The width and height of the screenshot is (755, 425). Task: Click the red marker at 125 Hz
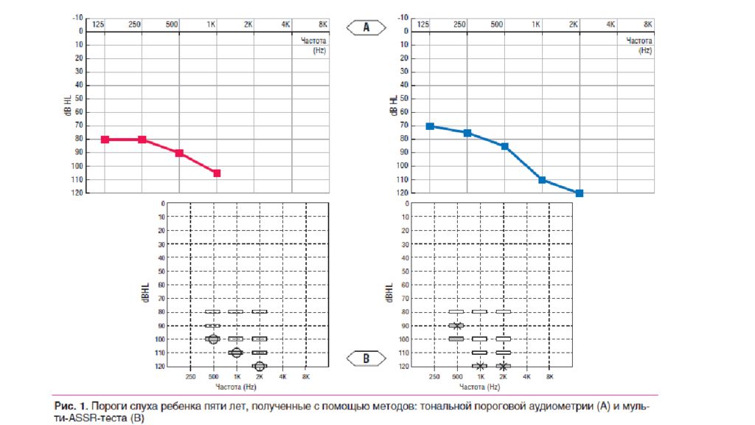click(x=105, y=139)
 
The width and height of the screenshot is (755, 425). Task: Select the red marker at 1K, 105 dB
click(x=217, y=173)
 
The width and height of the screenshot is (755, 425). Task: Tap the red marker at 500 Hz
click(x=179, y=153)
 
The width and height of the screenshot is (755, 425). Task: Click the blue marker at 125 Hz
click(x=430, y=126)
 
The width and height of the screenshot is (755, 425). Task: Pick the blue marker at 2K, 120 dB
click(x=580, y=193)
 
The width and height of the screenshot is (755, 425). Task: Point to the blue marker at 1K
click(x=542, y=180)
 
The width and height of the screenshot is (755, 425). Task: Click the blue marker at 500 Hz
click(x=504, y=146)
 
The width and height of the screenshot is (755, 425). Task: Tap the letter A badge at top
click(x=366, y=27)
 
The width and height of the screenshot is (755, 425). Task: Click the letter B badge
click(x=366, y=359)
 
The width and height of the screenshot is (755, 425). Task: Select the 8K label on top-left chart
click(x=322, y=24)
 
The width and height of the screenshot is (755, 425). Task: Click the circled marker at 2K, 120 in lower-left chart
click(x=260, y=366)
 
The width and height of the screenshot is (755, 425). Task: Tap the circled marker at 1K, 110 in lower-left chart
click(x=236, y=353)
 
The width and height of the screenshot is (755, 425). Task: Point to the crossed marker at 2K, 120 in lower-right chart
click(x=504, y=366)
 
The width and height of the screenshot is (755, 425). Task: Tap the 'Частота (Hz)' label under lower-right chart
click(x=479, y=387)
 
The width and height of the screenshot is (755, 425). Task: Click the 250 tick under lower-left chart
click(x=190, y=377)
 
